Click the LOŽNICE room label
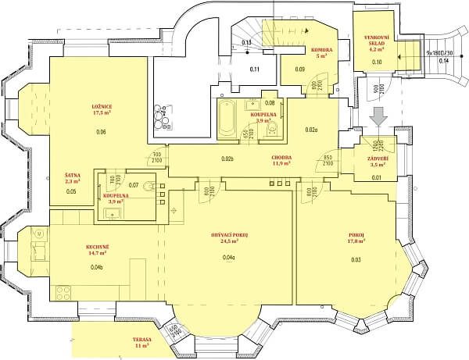click(x=100, y=105)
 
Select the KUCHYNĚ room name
click(x=97, y=246)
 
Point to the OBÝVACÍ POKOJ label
click(x=229, y=235)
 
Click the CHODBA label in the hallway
click(x=281, y=156)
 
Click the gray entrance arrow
click(x=378, y=116)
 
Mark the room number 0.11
click(x=254, y=70)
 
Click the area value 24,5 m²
click(x=229, y=242)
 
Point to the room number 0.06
click(x=100, y=132)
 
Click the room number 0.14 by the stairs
click(x=444, y=61)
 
